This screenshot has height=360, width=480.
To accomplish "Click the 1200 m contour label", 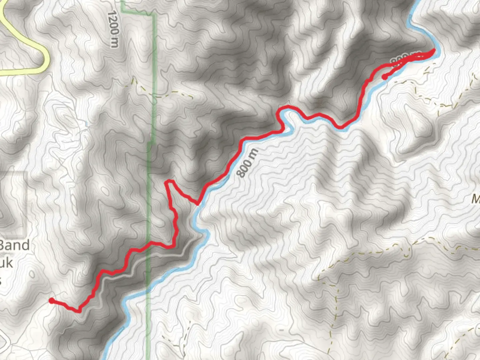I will pos(113,29).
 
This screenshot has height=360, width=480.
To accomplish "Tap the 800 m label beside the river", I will pos(247,163).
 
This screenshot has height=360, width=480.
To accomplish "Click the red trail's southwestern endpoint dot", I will pos(51,301).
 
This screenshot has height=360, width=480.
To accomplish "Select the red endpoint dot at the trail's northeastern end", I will pos(384,77).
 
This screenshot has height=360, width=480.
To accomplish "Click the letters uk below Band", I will pos(7,263).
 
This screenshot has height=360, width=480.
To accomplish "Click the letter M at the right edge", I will pos(476,199).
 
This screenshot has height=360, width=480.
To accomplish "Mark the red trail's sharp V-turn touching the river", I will pos(198,204).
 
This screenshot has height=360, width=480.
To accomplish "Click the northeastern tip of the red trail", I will pos(434,50).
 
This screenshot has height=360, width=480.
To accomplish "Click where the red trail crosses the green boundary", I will pos(149,243).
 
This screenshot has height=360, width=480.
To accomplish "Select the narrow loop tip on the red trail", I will pos(169,181).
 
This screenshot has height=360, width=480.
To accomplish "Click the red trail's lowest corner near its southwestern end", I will pos(79,311).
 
